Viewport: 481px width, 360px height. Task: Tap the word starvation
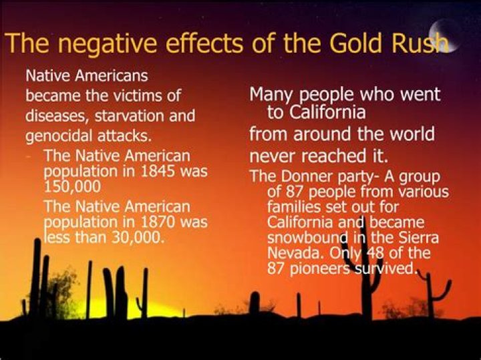click(x=129, y=116)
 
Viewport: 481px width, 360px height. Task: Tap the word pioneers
click(x=317, y=268)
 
